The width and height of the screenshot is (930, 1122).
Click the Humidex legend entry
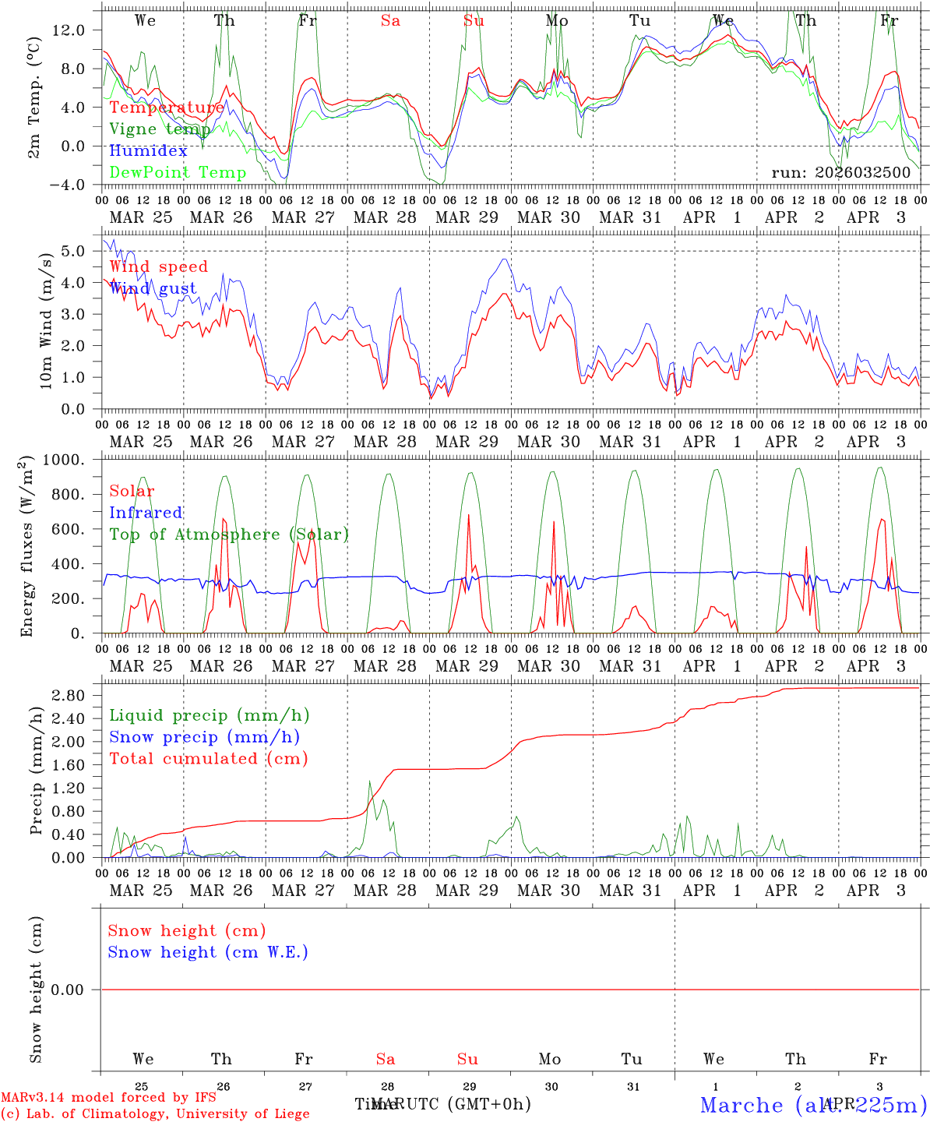tap(148, 151)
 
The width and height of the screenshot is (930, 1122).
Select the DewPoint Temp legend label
tap(178, 173)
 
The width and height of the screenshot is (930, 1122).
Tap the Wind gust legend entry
tap(153, 288)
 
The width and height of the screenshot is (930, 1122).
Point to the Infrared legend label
tap(146, 513)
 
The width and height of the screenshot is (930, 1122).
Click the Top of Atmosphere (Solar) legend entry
tap(229, 535)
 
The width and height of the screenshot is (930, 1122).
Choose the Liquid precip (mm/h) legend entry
tap(210, 715)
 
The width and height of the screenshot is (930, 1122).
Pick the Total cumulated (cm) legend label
tap(209, 758)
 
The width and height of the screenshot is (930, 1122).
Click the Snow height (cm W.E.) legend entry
tap(208, 952)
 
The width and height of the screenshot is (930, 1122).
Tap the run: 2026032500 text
tap(841, 172)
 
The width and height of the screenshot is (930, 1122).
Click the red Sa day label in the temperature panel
tap(390, 21)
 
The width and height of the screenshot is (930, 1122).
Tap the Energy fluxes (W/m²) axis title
tap(28, 545)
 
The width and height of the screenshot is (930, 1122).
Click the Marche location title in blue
tap(813, 1105)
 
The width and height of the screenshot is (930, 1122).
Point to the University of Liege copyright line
tap(155, 1113)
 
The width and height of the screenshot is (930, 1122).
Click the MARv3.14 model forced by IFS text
tap(108, 1098)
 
